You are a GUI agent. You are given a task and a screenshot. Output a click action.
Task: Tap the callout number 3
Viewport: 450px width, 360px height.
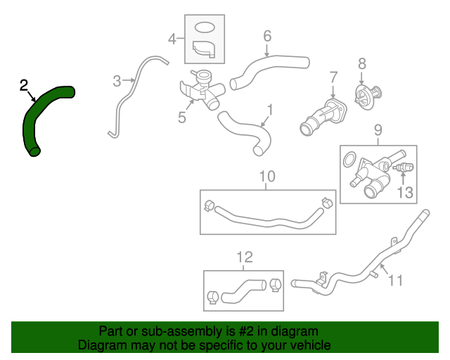tap(117, 82)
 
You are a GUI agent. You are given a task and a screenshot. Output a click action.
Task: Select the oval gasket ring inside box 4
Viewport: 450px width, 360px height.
tap(203, 28)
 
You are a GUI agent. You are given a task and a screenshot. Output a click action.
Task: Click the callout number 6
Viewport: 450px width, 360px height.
tap(267, 35)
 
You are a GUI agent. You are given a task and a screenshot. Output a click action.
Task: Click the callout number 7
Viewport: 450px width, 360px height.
tap(333, 75)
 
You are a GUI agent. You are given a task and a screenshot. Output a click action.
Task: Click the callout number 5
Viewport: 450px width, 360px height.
tap(182, 117)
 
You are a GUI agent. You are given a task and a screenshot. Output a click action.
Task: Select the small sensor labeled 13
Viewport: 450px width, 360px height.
tap(404, 168)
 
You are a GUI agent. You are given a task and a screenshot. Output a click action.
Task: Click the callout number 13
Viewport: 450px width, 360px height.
tap(405, 192)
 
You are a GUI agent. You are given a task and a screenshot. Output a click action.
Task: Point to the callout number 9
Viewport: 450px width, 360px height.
tap(378, 130)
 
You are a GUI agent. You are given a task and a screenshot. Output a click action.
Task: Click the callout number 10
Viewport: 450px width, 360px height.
tap(267, 176)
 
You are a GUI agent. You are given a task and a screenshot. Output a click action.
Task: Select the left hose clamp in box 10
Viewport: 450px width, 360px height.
tap(209, 206)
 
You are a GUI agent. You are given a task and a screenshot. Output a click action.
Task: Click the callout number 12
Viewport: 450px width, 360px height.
tap(243, 257)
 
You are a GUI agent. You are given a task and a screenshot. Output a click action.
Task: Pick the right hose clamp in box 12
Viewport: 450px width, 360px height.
tap(274, 285)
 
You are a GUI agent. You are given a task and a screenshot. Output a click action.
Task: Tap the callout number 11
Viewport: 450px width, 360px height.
tap(396, 281)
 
